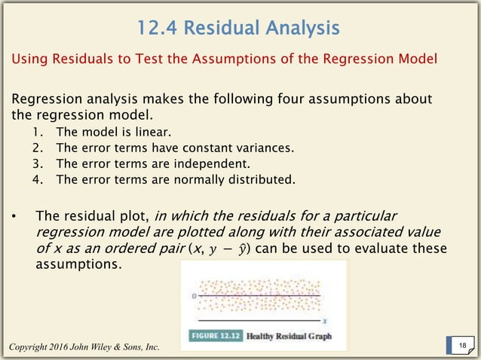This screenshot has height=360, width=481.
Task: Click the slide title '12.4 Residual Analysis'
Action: tap(238, 29)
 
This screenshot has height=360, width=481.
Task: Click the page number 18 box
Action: tap(461, 345)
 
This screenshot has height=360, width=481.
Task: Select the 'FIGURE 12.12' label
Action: tap(213, 336)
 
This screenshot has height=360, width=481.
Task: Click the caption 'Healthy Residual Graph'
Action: tap(288, 336)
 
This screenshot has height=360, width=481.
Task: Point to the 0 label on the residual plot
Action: tap(195, 297)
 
